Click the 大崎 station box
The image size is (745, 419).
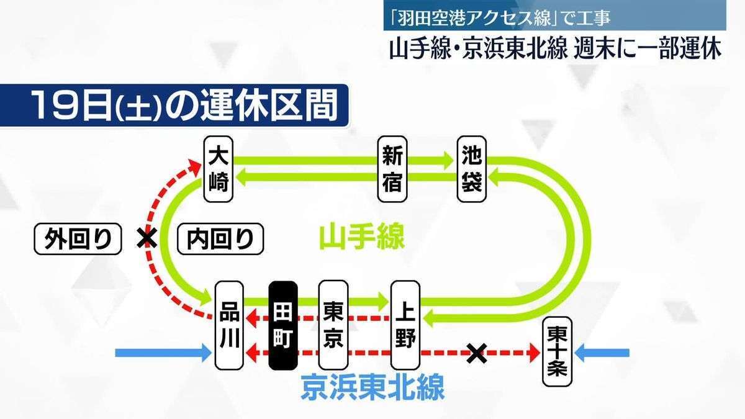click(219, 169)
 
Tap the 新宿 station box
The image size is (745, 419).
click(392, 169)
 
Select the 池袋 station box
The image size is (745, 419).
click(471, 169)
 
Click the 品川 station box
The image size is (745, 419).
click(228, 325)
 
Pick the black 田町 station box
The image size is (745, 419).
click(282, 325)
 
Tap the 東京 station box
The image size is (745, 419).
click(333, 325)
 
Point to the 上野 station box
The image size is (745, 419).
click(405, 325)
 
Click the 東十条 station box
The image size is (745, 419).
click(556, 351)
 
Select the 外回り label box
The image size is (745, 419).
click(77, 240)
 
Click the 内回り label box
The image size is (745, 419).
click(220, 240)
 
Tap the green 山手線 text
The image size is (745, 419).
click(362, 238)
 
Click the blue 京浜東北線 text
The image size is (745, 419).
click(372, 389)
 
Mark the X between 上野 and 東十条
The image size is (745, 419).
click(476, 354)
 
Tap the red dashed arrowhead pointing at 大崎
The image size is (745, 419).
click(195, 163)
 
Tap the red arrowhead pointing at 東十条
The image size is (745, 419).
click(533, 354)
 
